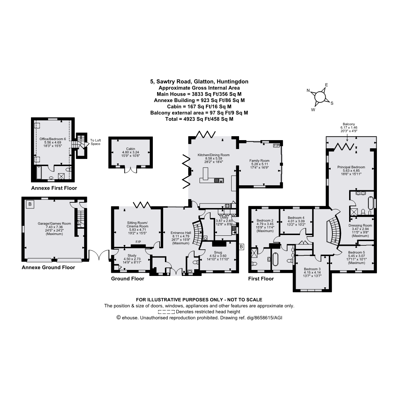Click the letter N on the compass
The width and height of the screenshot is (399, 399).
coord(308,91)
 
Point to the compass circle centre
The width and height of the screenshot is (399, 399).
coord(320,97)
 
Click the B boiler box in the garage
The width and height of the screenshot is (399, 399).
coord(30,204)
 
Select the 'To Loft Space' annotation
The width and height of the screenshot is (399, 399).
coord(95,142)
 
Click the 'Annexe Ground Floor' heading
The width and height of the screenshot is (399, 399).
coord(48,267)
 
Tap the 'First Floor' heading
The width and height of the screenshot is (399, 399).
coord(261,279)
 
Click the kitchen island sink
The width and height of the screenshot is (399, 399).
coord(219,180)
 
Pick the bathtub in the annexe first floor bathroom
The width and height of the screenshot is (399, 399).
coord(38,172)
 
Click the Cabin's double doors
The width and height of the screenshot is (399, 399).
coord(130,170)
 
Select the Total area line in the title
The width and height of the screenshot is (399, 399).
coord(199,119)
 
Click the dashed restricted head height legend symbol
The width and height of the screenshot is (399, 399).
coord(166,312)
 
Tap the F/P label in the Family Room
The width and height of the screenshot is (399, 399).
coord(276,145)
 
